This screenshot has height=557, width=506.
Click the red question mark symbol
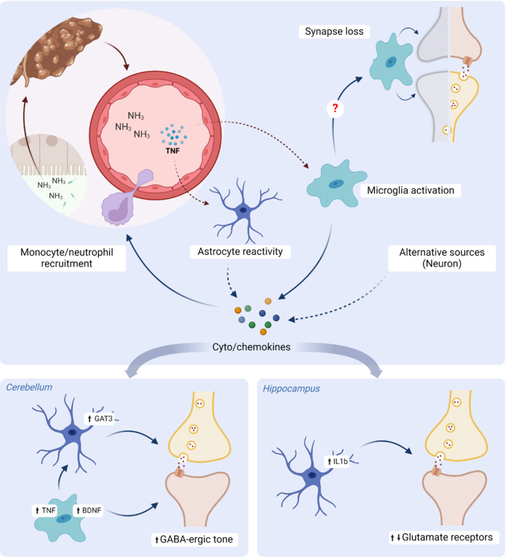[x=335, y=108]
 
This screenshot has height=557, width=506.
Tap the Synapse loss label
[x=334, y=31]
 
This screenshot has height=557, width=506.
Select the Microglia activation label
[x=411, y=191]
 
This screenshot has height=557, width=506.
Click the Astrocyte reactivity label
[x=240, y=251]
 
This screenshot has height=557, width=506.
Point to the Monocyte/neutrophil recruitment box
[x=67, y=258]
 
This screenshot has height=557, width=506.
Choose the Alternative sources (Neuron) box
[x=442, y=258]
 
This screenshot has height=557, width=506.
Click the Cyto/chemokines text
[x=251, y=347]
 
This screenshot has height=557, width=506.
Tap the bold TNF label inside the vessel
[x=173, y=151]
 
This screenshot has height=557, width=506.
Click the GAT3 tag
[x=100, y=419]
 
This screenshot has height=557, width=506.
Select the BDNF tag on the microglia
[x=88, y=510]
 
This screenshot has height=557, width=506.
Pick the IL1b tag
[x=337, y=462]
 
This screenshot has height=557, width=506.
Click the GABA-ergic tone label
[x=194, y=540]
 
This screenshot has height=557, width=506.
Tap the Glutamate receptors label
[x=442, y=537]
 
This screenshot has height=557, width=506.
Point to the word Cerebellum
[x=29, y=387]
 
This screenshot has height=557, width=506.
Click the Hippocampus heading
[x=291, y=389]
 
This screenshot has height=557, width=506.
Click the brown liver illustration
[x=56, y=50]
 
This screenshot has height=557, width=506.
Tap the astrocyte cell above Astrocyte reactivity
[x=244, y=210]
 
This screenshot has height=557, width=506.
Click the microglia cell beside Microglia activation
[x=336, y=184]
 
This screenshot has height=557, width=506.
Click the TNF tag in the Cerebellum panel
[x=45, y=510]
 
